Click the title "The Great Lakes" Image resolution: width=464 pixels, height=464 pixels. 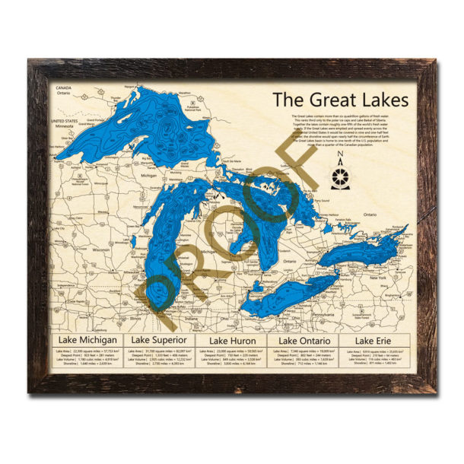(340, 100)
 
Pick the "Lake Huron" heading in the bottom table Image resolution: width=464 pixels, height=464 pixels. (231, 340)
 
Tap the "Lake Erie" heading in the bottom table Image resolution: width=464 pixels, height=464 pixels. (374, 340)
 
